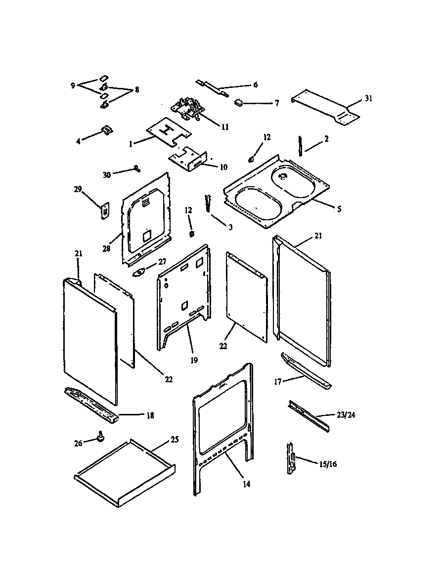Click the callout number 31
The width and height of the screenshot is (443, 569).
coord(368,98)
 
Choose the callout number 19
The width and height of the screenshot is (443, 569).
coord(193,360)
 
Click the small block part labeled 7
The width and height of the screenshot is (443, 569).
coord(239,102)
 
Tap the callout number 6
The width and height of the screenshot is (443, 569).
coord(255,85)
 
